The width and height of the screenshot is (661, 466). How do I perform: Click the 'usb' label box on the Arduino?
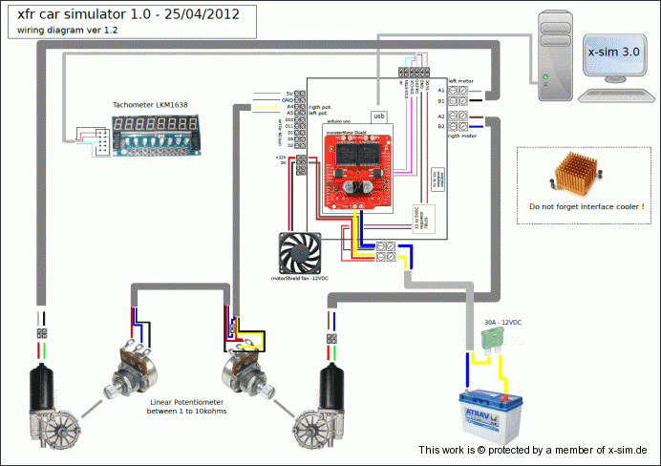(x=379, y=116)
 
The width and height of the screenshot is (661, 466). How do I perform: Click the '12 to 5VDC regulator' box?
(x=417, y=218)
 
